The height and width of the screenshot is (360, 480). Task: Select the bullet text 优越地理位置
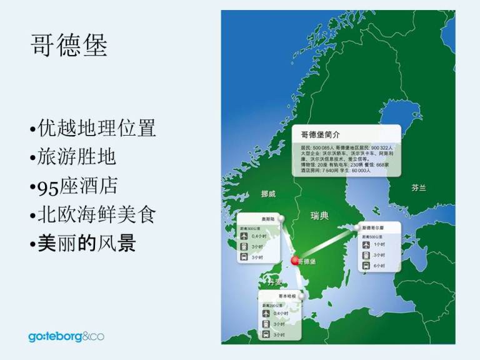(96, 129)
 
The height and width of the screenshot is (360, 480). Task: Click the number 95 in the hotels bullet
(47, 187)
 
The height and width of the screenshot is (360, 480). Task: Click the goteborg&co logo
(66, 337)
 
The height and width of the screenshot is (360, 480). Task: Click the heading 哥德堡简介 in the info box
(319, 134)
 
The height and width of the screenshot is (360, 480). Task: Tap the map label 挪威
(267, 194)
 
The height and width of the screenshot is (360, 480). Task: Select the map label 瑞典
(319, 216)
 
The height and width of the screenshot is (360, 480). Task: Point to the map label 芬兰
(418, 187)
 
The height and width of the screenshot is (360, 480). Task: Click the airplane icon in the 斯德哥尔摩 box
(367, 244)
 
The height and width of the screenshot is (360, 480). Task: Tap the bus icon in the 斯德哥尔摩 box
(367, 265)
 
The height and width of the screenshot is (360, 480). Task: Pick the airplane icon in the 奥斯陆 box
(244, 236)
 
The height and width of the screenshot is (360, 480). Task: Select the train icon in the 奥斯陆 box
(244, 247)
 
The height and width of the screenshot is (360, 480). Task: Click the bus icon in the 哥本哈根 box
(267, 334)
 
